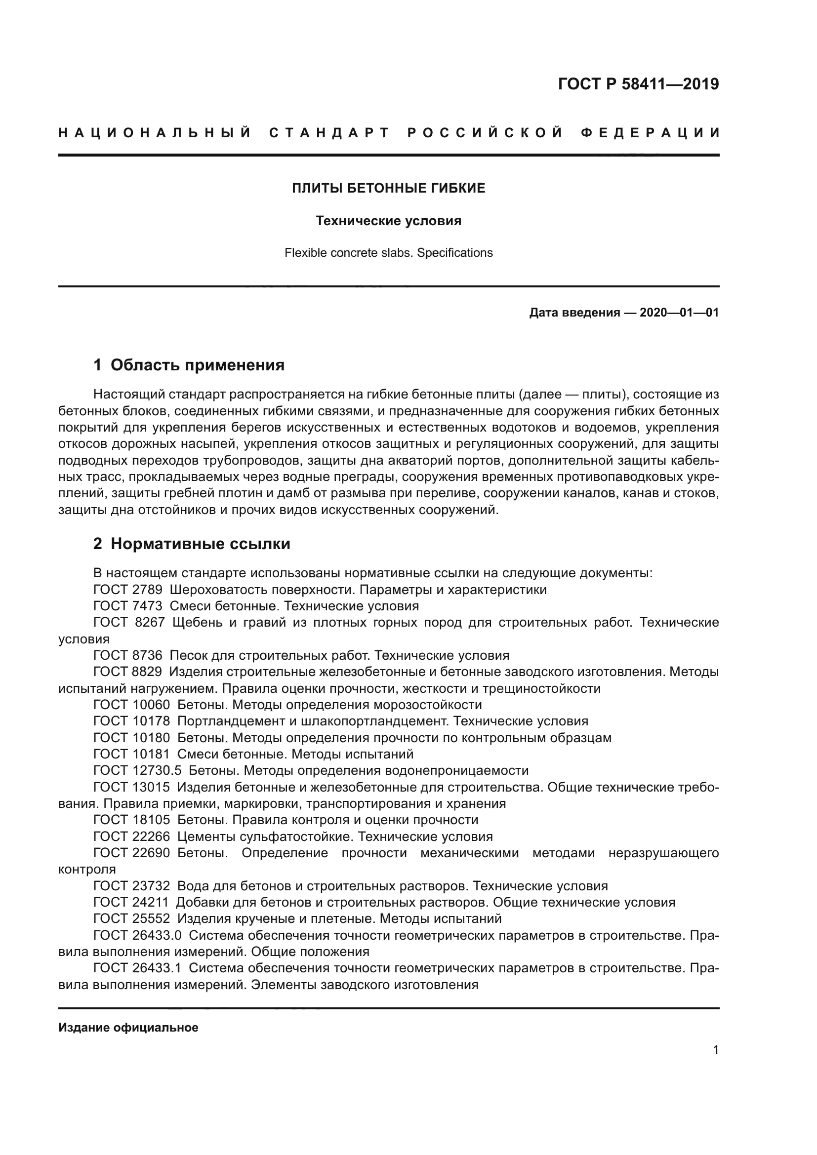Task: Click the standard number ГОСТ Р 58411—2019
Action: pos(638,84)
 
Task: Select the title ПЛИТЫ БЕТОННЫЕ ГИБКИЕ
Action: pos(388,188)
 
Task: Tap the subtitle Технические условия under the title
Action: pos(388,221)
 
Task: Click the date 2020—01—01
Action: pos(679,313)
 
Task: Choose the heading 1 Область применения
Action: pos(189,365)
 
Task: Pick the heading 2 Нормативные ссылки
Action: pos(192,544)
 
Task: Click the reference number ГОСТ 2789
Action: pos(128,590)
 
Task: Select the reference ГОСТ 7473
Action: pos(128,606)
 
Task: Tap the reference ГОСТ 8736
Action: pos(128,655)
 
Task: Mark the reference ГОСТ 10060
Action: pos(131,705)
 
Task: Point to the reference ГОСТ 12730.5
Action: pos(137,771)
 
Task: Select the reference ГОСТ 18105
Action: pos(131,820)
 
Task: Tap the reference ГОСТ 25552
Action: pos(131,918)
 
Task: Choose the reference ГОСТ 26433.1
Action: pos(137,968)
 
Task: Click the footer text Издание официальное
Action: pos(128,1028)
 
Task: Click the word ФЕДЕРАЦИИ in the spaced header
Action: pos(650,133)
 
